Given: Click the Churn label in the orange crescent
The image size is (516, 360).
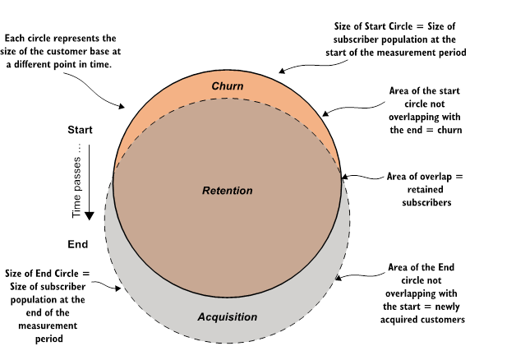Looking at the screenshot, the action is click(x=228, y=86).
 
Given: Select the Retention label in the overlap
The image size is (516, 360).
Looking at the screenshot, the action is click(x=228, y=191).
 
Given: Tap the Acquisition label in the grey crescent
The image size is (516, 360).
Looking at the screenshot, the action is click(x=228, y=317).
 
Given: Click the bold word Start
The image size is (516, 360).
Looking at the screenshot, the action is click(x=80, y=130).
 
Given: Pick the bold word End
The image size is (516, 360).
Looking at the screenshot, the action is click(x=78, y=244).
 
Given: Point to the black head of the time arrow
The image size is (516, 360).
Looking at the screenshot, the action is click(x=90, y=216).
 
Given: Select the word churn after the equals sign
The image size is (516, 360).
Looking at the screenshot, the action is click(x=449, y=130).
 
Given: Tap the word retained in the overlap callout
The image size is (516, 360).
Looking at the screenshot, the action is click(x=425, y=190).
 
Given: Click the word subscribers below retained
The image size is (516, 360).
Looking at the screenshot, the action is click(x=426, y=202).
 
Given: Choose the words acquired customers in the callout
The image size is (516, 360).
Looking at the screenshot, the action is click(x=422, y=320).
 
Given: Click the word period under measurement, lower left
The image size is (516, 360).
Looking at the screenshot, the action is click(x=49, y=339).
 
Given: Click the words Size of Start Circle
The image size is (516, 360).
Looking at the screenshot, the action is click(x=373, y=26).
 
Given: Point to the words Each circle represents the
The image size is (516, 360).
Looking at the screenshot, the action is click(x=60, y=38).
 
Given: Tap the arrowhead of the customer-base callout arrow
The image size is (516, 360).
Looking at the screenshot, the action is click(x=122, y=106).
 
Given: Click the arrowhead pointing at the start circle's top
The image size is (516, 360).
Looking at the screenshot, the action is click(x=282, y=71).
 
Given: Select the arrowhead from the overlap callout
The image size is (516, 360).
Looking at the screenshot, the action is click(x=344, y=177).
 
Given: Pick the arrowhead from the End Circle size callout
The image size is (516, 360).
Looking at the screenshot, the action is click(x=117, y=288).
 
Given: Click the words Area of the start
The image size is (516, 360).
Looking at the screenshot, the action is click(x=425, y=91).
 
